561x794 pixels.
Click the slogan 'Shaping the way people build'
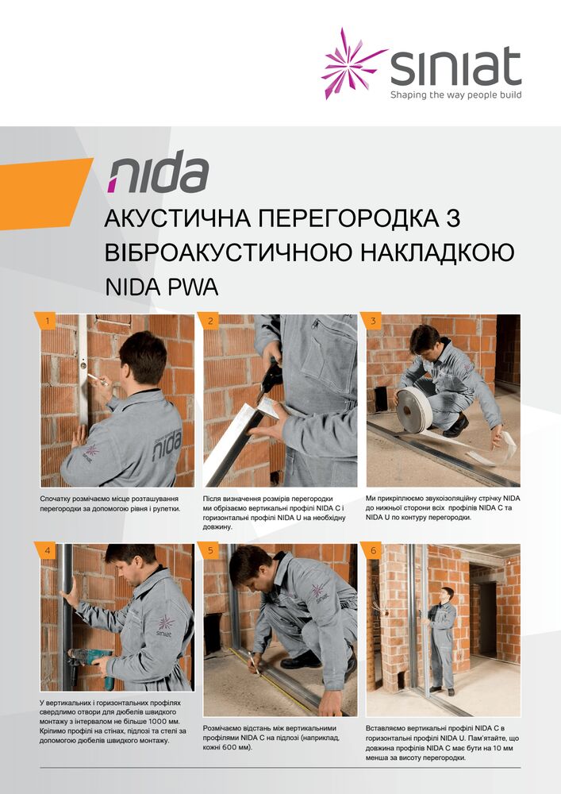click(x=455, y=94)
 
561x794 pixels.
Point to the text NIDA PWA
click(x=161, y=287)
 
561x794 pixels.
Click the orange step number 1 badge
click(x=45, y=321)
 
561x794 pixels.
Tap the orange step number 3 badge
click(x=372, y=321)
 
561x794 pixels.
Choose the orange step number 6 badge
click(x=372, y=550)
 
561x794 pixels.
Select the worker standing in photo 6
click(x=442, y=641)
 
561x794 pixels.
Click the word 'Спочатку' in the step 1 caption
click(x=55, y=499)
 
